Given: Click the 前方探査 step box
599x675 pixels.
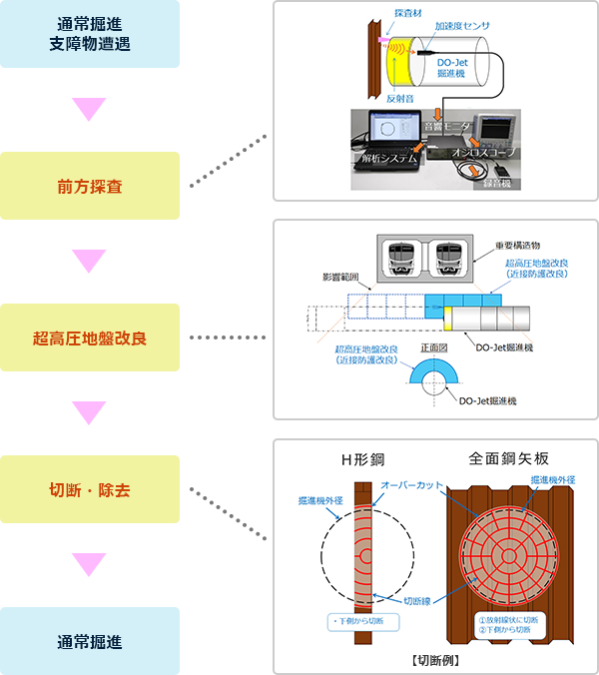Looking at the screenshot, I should (90, 186).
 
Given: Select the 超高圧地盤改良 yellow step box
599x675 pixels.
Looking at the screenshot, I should (90, 337).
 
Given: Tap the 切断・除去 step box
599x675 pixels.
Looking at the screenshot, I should (90, 489).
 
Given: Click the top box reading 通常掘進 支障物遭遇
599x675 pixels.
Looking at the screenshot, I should (90, 34).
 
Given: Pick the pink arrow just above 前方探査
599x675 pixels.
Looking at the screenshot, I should (90, 110).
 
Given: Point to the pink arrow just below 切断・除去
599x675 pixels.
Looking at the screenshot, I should (90, 565).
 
